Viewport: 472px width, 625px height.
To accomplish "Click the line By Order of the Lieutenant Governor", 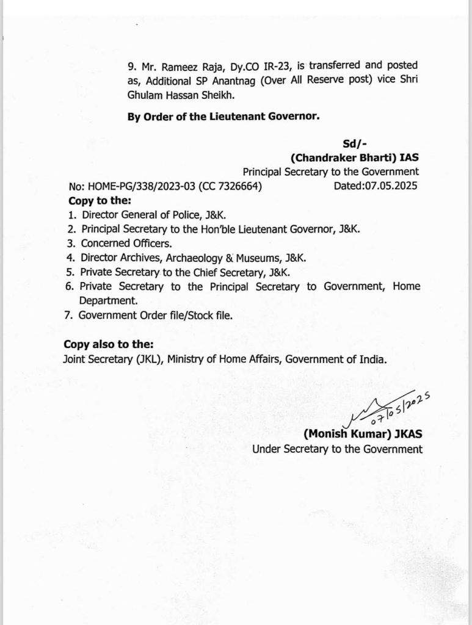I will coord(223,118).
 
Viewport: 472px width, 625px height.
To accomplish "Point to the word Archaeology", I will coord(196,258).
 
